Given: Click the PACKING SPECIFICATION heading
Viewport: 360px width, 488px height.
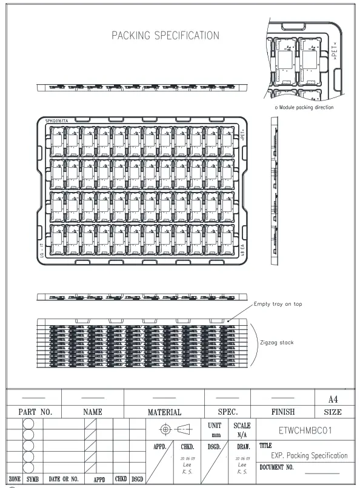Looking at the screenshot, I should click(x=165, y=36).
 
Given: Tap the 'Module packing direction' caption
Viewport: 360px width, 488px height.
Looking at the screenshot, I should click(x=304, y=107).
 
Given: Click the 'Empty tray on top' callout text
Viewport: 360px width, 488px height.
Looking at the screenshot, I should click(x=278, y=304).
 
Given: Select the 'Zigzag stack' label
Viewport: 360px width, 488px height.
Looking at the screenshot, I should click(x=276, y=343).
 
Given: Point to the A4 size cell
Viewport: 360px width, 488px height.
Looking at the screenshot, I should click(x=333, y=399).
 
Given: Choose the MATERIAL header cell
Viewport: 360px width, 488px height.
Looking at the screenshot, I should click(x=164, y=412).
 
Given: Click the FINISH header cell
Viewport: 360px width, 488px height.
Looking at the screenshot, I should click(x=282, y=412).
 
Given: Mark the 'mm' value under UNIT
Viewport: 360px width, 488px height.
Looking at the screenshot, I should click(x=215, y=435).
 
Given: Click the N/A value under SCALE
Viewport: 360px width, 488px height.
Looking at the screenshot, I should click(x=242, y=435).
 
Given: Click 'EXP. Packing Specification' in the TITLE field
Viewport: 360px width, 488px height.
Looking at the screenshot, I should click(x=309, y=455).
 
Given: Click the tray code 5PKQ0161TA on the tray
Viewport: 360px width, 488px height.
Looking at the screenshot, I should click(x=57, y=121).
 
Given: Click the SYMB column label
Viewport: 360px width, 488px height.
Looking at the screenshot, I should click(x=33, y=479).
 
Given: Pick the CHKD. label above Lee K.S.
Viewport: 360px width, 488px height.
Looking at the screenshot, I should click(x=187, y=447).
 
